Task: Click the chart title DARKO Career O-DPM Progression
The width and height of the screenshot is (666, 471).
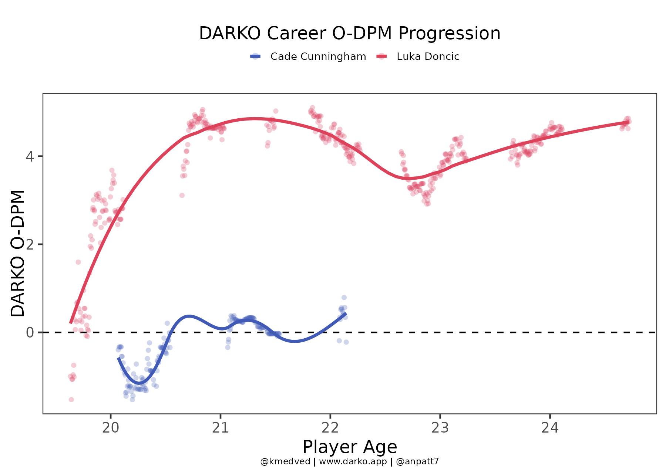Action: point(350,33)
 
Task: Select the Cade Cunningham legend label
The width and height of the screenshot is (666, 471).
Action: point(318,57)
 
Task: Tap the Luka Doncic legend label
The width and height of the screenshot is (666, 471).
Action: point(428,57)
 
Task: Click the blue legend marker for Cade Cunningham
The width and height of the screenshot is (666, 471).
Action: point(256,57)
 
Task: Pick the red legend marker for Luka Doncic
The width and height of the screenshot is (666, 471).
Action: point(382,57)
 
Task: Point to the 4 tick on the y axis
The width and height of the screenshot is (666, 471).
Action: point(30,156)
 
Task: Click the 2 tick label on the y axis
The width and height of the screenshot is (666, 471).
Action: point(30,244)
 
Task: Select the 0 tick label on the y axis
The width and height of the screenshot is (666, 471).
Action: point(30,333)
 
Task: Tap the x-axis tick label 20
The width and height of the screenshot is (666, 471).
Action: point(111,428)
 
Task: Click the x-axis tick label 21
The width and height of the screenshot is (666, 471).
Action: point(220,428)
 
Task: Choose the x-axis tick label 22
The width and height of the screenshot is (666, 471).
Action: point(330,428)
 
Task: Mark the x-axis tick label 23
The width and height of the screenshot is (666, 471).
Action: point(440,428)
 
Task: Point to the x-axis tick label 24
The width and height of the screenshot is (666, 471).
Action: point(550,428)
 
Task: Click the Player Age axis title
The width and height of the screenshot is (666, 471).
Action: point(350,447)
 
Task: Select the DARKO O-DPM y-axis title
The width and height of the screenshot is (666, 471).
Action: point(18,254)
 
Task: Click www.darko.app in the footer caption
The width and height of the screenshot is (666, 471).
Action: point(353,461)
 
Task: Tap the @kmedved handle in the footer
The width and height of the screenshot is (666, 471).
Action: point(285,461)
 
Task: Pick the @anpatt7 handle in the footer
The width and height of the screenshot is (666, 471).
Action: point(417,461)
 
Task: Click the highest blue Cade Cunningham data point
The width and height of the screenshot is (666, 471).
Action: point(344,298)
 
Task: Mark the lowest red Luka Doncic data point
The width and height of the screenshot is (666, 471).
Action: point(71,400)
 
